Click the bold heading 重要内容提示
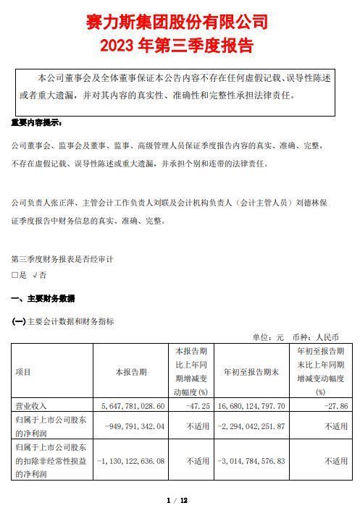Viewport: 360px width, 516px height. tap(37, 123)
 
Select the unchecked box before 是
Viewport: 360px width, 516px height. tap(14, 275)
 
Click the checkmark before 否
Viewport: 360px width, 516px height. tap(34, 275)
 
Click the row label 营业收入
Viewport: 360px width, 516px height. tap(30, 406)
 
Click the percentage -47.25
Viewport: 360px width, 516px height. tap(196, 406)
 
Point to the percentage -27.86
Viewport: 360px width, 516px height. tap(333, 406)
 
